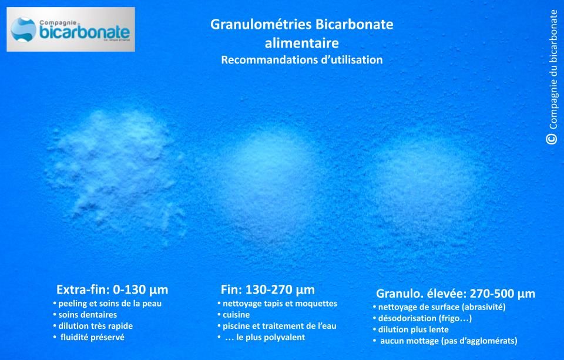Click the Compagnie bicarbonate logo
70,29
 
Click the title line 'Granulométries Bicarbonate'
301,25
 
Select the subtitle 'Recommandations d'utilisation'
301,60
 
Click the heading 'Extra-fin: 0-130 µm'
112,290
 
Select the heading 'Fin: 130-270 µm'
268,290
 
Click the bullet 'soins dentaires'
88,315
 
